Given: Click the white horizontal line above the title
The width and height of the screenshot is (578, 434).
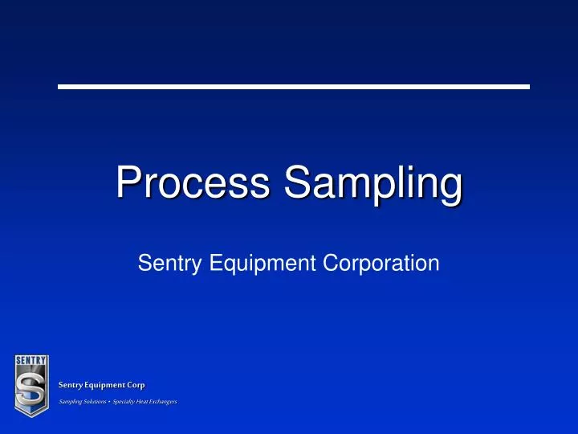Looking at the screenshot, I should coord(294,86).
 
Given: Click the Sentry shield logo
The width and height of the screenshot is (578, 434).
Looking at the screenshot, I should coord(31,386).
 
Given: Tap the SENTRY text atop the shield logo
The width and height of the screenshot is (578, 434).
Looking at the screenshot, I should coord(31,359).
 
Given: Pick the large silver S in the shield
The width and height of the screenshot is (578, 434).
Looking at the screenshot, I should coord(31,389).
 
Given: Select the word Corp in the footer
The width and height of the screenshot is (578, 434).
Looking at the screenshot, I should coord(136,386).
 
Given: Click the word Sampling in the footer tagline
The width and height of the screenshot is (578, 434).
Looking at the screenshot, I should coord(70,401).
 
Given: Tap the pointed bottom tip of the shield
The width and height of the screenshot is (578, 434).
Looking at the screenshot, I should coord(31,416).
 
